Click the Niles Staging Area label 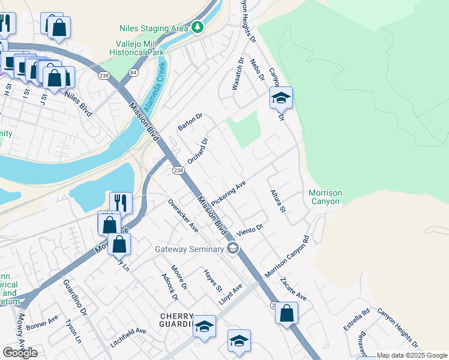[154, 28]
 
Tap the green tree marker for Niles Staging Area [197, 28]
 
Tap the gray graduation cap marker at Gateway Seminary [233, 248]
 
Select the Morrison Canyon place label [325, 197]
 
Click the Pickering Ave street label [229, 194]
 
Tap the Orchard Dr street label [197, 151]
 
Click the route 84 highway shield [133, 73]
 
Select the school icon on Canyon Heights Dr [280, 98]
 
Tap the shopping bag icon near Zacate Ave [287, 313]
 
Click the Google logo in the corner [20, 352]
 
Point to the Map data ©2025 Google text [412, 355]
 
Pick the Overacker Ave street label [183, 215]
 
